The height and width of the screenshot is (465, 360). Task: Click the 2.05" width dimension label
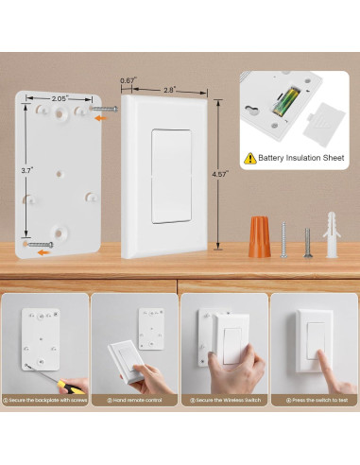click(x=60, y=97)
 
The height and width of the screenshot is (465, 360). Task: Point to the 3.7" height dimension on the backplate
click(x=27, y=170)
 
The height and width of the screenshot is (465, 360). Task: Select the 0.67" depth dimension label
click(x=128, y=81)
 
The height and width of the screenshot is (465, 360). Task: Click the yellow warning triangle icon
click(x=249, y=158)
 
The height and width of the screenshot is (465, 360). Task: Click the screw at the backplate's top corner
click(x=105, y=110)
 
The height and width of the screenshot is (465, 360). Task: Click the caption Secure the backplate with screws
click(x=47, y=400)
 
